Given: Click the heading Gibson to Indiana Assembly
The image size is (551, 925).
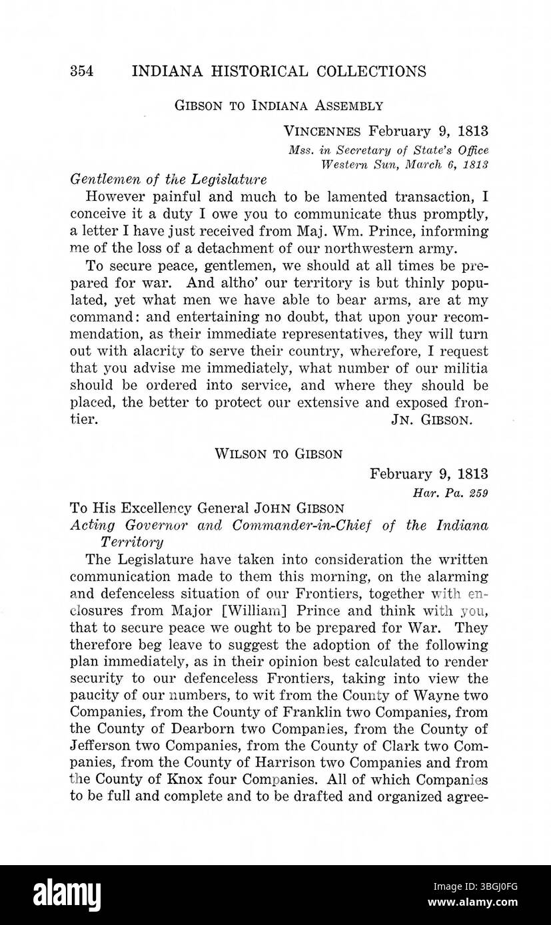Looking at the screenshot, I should click(278, 106).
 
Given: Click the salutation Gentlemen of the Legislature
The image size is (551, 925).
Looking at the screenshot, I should click(159, 179).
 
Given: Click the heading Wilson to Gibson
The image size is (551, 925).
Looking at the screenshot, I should click(278, 455).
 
